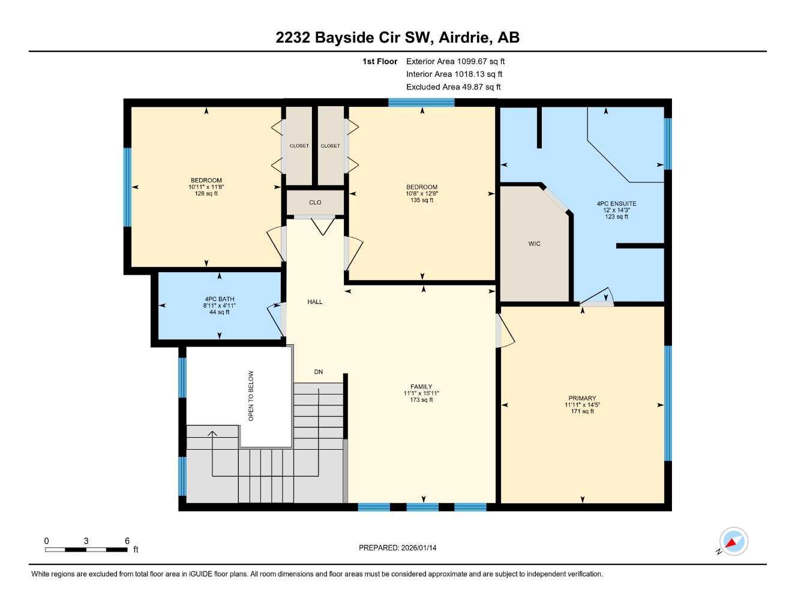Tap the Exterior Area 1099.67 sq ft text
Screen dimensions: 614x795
point(455,61)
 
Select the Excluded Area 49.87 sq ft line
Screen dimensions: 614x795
point(453,87)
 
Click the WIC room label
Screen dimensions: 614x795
point(534,243)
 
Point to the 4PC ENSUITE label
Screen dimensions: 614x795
point(616,204)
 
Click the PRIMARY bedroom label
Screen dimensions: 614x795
point(582,398)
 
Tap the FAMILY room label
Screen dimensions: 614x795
point(421,387)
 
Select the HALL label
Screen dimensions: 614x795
point(315,302)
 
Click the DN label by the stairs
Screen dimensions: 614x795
point(319,372)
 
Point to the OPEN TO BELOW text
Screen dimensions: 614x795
point(251,396)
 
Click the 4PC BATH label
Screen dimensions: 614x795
point(219,299)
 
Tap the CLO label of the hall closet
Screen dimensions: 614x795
point(315,203)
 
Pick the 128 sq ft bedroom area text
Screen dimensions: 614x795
point(206,194)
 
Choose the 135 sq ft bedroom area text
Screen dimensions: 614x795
point(421,200)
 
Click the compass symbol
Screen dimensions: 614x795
point(733,541)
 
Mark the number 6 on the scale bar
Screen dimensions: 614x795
point(127,541)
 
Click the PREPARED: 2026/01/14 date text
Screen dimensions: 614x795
point(398,547)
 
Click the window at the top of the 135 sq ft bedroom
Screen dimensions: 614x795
point(421,103)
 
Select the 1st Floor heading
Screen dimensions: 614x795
point(380,61)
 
